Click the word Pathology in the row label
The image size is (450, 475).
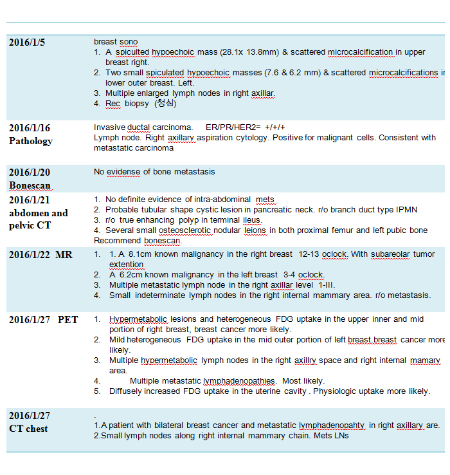point(31,141)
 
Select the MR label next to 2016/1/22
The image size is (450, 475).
point(64,255)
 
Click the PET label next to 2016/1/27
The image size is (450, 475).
point(68,320)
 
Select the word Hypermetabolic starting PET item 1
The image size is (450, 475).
point(138,319)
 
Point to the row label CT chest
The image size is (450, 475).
point(28,429)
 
